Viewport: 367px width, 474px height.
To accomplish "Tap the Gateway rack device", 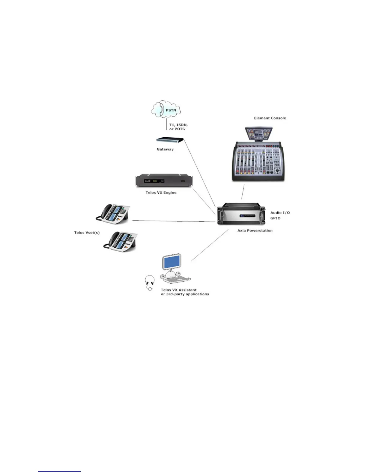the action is point(170,140).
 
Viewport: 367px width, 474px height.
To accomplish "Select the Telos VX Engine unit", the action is point(164,180).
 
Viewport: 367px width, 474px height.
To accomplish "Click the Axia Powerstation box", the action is point(241,214).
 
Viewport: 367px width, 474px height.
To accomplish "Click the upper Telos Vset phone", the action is point(113,213).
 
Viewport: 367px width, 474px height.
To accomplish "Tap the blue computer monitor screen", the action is point(172,262).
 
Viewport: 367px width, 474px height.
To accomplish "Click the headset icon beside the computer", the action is point(150,282).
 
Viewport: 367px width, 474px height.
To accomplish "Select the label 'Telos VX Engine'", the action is point(161,192).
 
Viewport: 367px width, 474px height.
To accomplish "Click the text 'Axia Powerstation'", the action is point(255,230).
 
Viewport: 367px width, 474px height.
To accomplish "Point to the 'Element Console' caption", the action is point(270,118).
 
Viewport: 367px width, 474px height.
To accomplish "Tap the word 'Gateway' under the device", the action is point(165,149).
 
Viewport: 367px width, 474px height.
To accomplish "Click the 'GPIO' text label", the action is point(275,218).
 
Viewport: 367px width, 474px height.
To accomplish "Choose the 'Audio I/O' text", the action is point(280,213).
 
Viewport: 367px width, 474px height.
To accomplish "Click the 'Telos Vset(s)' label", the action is point(87,233).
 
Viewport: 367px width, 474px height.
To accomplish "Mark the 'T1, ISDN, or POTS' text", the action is point(178,127).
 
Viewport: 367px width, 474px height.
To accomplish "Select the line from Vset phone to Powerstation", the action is point(174,221).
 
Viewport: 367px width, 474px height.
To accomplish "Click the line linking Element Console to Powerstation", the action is point(243,192).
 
